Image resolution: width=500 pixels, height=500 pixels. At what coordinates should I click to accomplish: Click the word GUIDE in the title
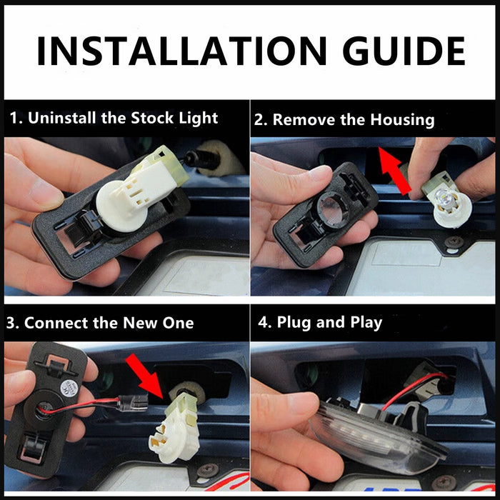tap(404, 51)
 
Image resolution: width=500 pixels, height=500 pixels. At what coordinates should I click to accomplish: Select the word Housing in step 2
tap(402, 119)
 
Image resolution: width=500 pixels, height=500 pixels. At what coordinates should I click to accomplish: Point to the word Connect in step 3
tap(56, 323)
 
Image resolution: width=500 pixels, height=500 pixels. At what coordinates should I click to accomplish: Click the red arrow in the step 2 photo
tap(394, 170)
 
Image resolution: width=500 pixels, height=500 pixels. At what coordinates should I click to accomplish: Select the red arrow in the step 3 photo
tap(144, 376)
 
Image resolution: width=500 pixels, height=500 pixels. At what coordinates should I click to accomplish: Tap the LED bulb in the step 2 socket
tap(444, 195)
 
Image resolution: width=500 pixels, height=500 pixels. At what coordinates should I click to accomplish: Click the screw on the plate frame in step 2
tap(454, 241)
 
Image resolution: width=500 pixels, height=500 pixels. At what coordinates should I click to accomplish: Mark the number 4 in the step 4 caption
tap(263, 322)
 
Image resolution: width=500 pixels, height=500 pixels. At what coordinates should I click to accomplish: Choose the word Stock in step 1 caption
tap(152, 118)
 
